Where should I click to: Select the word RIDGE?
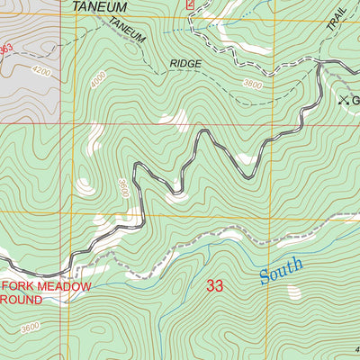tap(185, 65)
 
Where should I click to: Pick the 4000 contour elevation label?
tap(97, 81)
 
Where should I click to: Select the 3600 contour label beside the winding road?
tap(123, 190)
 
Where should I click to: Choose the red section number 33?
tap(214, 286)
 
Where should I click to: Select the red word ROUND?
tap(24, 301)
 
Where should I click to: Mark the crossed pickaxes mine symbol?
tap(342, 100)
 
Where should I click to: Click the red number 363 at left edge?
tap(6, 50)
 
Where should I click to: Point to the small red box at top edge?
tap(190, 4)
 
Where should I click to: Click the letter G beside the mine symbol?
tap(355, 100)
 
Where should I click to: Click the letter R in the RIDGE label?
tap(173, 65)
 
